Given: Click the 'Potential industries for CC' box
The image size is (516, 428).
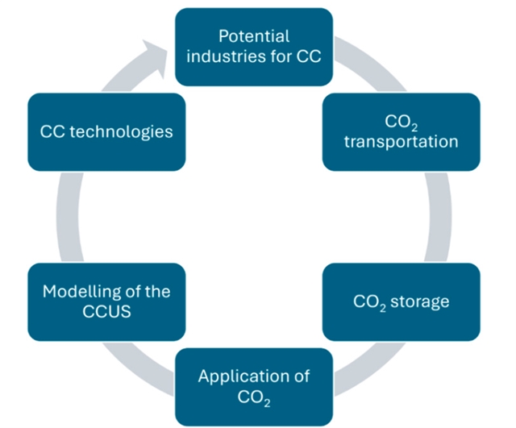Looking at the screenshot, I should tap(255, 47).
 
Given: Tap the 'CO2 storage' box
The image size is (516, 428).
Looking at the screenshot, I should tap(401, 302).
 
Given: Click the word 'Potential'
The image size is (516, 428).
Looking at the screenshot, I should tap(254, 37).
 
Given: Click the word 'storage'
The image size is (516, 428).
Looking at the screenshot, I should tap(422, 302).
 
